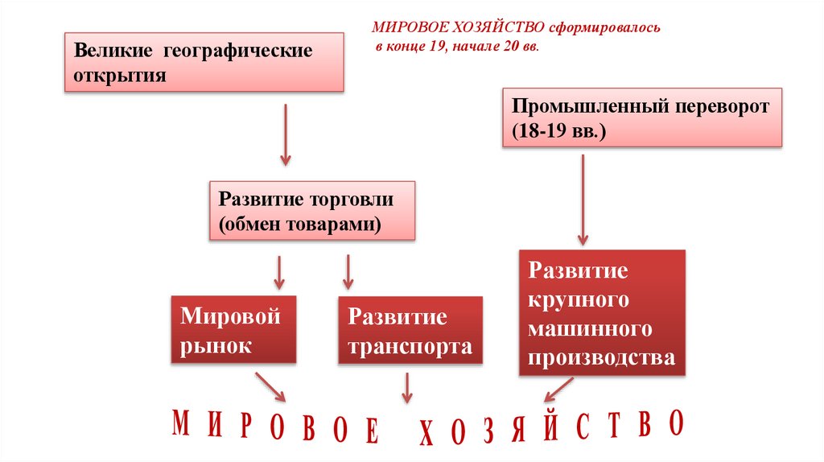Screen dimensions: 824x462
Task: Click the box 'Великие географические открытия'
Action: (x=204, y=63)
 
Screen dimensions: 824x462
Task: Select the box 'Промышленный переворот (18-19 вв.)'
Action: (x=642, y=118)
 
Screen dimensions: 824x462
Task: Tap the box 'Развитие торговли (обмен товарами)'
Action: (x=312, y=210)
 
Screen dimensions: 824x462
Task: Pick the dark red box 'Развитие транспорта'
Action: (x=410, y=331)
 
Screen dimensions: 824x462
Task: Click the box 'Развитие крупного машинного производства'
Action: (x=602, y=313)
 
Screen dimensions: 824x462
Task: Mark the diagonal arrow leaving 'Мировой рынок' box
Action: (x=269, y=386)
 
